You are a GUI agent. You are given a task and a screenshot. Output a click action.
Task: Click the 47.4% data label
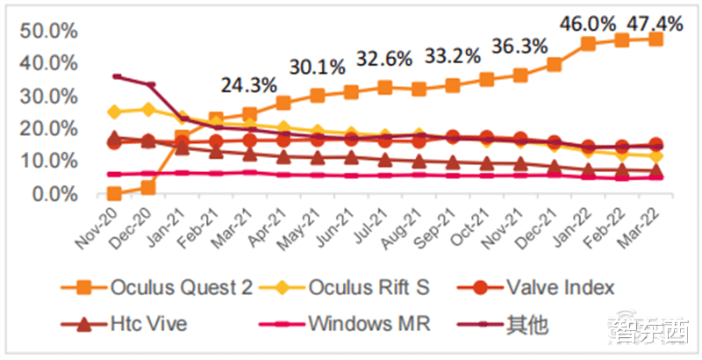(x=650, y=18)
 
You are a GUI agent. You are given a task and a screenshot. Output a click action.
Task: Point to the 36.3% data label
(x=520, y=46)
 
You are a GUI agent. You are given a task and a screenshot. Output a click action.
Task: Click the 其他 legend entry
(x=512, y=324)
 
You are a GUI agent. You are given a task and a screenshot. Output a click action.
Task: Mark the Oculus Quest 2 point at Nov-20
(x=114, y=193)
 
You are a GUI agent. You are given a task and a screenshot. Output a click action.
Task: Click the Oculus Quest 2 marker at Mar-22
(x=655, y=40)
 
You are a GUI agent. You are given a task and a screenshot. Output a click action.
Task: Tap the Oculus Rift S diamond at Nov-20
(x=114, y=112)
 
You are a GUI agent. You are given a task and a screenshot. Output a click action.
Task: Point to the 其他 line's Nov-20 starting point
(x=115, y=76)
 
